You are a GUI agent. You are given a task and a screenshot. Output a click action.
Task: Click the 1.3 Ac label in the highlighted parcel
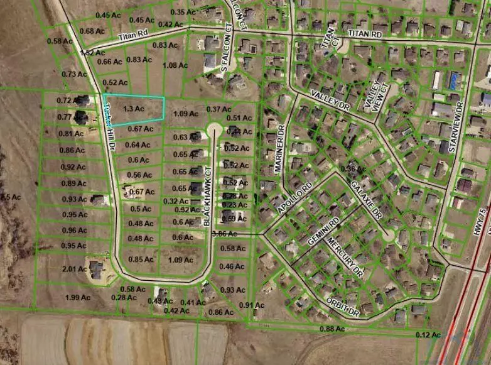[134, 109]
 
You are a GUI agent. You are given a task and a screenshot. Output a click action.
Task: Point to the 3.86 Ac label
[225, 234]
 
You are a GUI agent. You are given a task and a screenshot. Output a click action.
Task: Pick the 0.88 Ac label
[332, 329]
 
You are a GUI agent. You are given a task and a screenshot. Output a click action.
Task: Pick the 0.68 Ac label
[92, 31]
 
